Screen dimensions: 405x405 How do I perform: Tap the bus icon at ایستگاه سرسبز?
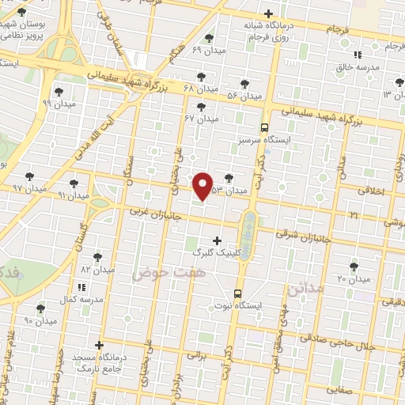(264, 127)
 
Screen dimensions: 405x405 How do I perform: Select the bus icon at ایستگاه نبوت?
(237, 293)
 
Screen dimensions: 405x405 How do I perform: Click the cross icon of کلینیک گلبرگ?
(218, 240)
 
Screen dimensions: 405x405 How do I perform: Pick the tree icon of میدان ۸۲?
(97, 257)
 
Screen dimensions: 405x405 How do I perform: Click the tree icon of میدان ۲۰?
(354, 267)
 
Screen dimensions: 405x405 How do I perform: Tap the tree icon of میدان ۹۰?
(40, 308)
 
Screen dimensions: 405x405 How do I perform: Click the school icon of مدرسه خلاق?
(357, 55)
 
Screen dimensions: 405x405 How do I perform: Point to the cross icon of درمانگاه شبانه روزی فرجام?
(269, 13)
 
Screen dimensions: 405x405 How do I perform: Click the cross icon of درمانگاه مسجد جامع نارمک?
(99, 345)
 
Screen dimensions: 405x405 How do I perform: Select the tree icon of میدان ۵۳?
(229, 179)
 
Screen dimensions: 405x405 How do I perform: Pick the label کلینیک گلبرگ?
(214, 252)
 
